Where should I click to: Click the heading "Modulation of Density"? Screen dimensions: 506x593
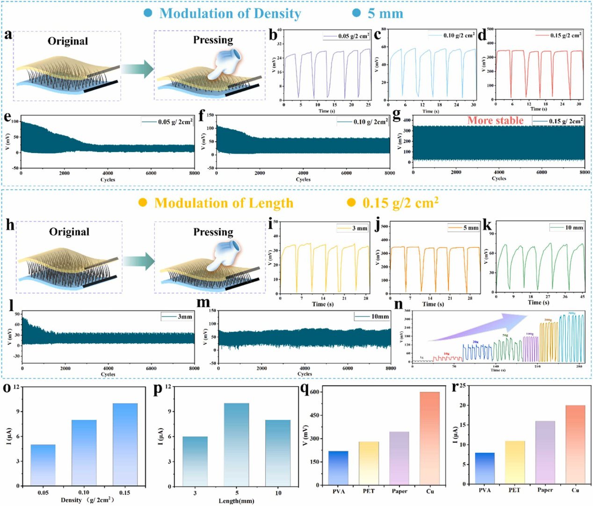pyautogui.click(x=230, y=14)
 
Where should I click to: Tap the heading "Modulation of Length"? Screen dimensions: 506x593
pyautogui.click(x=224, y=203)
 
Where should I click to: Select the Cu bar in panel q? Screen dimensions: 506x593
pyautogui.click(x=430, y=438)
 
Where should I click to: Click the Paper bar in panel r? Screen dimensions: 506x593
pyautogui.click(x=545, y=452)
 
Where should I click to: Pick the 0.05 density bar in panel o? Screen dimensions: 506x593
pyautogui.click(x=43, y=465)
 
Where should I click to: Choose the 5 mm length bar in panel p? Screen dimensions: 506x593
pyautogui.click(x=237, y=444)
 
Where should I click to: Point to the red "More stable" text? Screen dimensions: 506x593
pyautogui.click(x=495, y=121)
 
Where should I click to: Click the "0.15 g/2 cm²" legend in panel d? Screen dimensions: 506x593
pyautogui.click(x=559, y=36)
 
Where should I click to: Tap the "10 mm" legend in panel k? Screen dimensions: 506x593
pyautogui.click(x=568, y=228)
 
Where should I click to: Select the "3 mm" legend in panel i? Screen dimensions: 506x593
pyautogui.click(x=353, y=228)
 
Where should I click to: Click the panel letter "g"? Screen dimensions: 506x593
pyautogui.click(x=397, y=115)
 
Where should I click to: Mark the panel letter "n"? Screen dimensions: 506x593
pyautogui.click(x=398, y=304)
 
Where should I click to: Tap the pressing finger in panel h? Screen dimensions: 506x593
pyautogui.click(x=224, y=255)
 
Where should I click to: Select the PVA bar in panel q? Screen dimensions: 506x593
pyautogui.click(x=338, y=468)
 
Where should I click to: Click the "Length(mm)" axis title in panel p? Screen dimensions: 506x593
pyautogui.click(x=237, y=501)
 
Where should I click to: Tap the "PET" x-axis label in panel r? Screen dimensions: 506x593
pyautogui.click(x=514, y=490)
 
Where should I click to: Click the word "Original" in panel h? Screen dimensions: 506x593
pyautogui.click(x=69, y=232)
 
